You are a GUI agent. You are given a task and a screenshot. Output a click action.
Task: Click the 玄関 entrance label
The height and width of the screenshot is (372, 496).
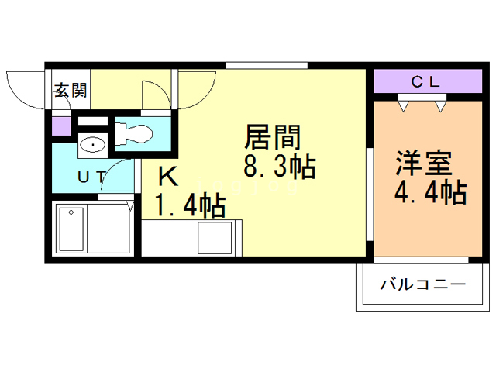(x=70, y=91)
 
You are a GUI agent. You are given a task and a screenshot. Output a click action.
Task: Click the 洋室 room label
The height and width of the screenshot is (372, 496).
(x=422, y=164)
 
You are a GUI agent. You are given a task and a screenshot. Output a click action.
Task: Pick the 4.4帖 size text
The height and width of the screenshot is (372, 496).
(x=430, y=191)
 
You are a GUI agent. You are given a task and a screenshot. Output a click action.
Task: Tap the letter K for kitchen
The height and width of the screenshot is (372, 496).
(x=168, y=177)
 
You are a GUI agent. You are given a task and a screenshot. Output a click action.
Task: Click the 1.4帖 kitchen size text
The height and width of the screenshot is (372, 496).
(x=191, y=206)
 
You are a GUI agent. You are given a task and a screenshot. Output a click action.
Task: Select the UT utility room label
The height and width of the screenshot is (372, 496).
(x=91, y=177)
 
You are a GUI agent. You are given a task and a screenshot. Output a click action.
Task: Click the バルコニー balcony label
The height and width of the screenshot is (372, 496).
(x=422, y=285)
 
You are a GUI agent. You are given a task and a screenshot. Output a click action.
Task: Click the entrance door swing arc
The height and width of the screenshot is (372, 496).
(x=25, y=89)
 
